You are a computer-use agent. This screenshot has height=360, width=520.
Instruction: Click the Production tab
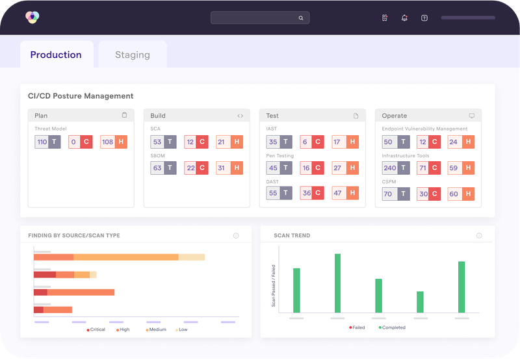(56, 55)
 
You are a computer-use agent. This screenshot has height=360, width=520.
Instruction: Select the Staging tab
(133, 55)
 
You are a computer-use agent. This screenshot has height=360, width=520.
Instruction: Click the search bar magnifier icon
(301, 18)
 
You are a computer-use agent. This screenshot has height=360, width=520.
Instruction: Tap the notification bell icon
(404, 18)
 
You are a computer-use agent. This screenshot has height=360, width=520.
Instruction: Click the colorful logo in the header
(32, 18)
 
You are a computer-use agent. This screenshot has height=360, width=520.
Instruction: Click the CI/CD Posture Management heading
(81, 96)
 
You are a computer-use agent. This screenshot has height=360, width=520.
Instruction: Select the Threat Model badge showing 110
(47, 142)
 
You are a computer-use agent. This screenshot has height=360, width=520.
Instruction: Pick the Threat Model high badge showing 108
(113, 142)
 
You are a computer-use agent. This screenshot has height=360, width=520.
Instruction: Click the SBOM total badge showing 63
(163, 168)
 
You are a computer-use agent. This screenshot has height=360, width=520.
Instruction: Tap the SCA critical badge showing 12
(196, 142)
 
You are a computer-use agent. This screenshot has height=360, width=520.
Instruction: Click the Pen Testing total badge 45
(279, 168)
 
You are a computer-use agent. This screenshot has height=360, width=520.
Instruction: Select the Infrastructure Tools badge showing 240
(396, 168)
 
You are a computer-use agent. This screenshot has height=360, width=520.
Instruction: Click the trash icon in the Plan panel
(124, 116)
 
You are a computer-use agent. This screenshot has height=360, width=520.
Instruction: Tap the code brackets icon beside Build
(240, 116)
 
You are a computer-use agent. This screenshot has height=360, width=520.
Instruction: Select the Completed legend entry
(392, 328)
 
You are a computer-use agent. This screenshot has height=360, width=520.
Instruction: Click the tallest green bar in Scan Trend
(337, 283)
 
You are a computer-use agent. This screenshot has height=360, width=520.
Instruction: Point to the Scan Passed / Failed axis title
(273, 286)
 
